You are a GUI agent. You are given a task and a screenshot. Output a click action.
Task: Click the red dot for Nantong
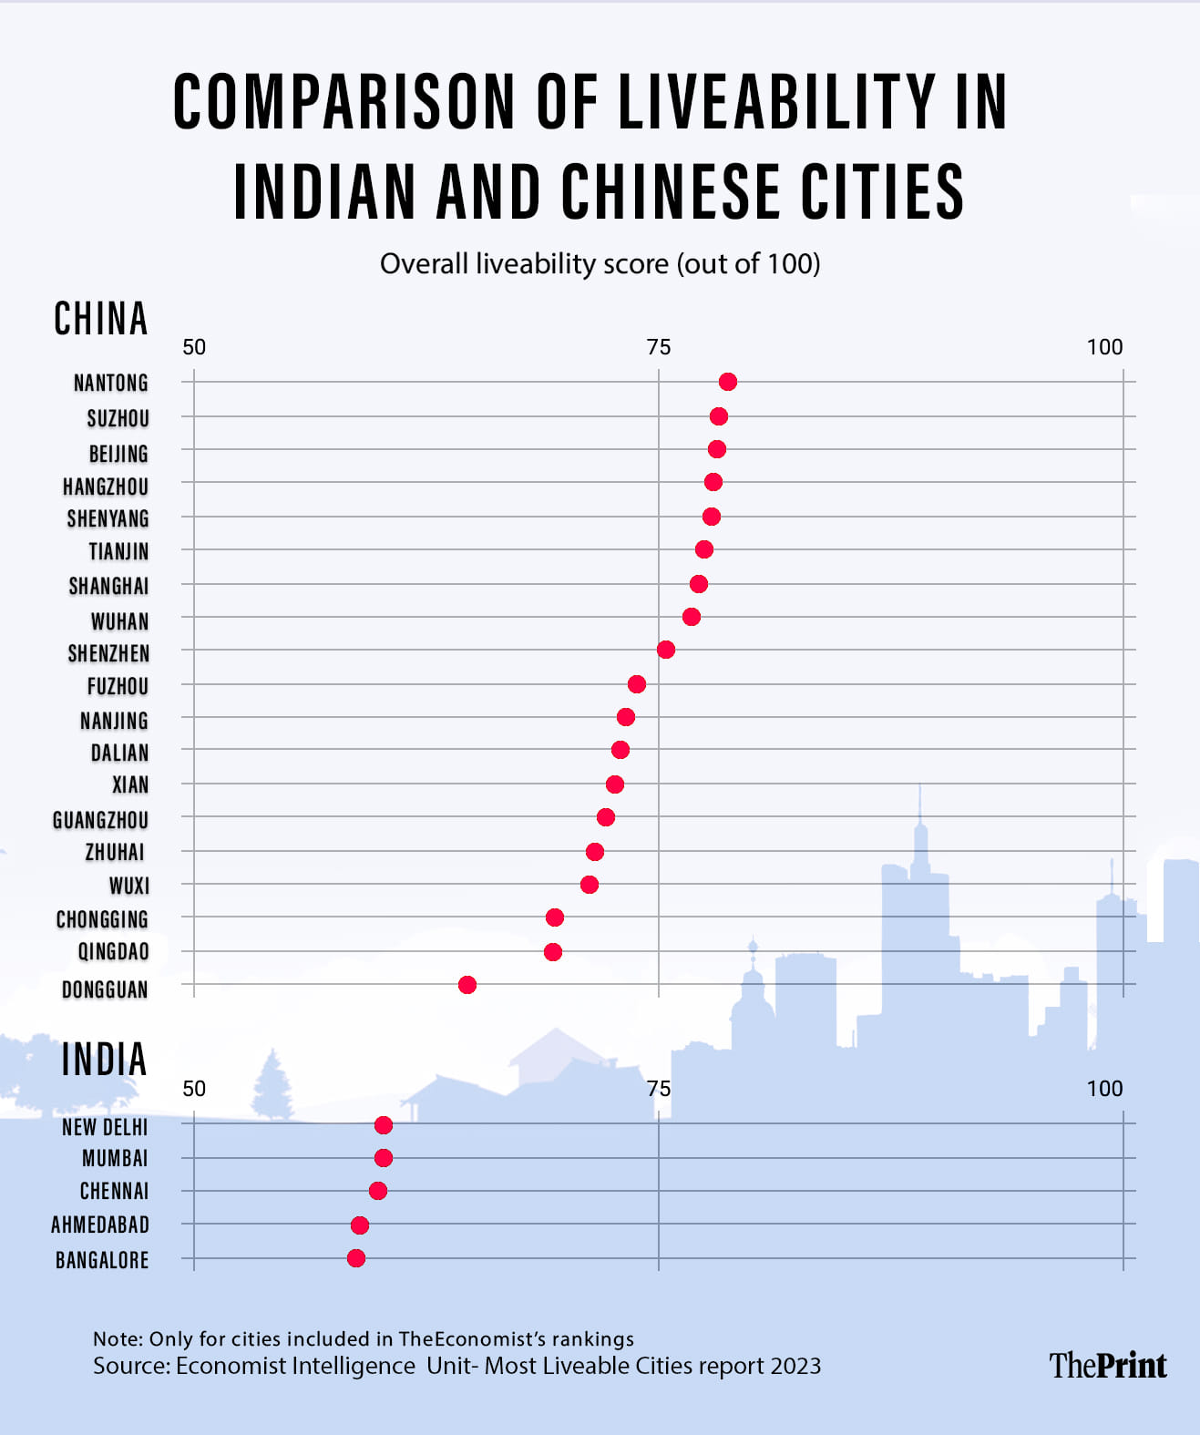727,382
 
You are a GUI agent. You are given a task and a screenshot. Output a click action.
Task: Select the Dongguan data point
467,985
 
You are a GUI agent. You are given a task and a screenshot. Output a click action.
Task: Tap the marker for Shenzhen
666,650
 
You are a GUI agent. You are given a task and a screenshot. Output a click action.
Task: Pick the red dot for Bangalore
356,1258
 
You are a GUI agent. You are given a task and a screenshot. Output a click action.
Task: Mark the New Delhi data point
384,1125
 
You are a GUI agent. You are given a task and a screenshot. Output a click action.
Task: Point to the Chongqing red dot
555,917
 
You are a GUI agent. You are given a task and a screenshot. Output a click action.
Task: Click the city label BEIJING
118,454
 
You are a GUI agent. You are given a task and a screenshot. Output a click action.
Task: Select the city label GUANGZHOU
100,820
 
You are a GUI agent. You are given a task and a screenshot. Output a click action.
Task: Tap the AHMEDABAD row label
100,1225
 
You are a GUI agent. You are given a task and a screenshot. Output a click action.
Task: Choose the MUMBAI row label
115,1159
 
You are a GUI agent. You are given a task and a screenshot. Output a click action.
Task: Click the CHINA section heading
101,319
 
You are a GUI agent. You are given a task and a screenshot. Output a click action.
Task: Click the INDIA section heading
104,1060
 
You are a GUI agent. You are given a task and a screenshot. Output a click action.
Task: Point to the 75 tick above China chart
659,347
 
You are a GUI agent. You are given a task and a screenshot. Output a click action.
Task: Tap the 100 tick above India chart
1104,1089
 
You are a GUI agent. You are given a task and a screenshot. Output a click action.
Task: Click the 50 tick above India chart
194,1089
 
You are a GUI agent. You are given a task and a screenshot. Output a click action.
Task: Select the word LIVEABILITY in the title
776,102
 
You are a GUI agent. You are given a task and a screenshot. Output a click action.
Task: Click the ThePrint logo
1107,1365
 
